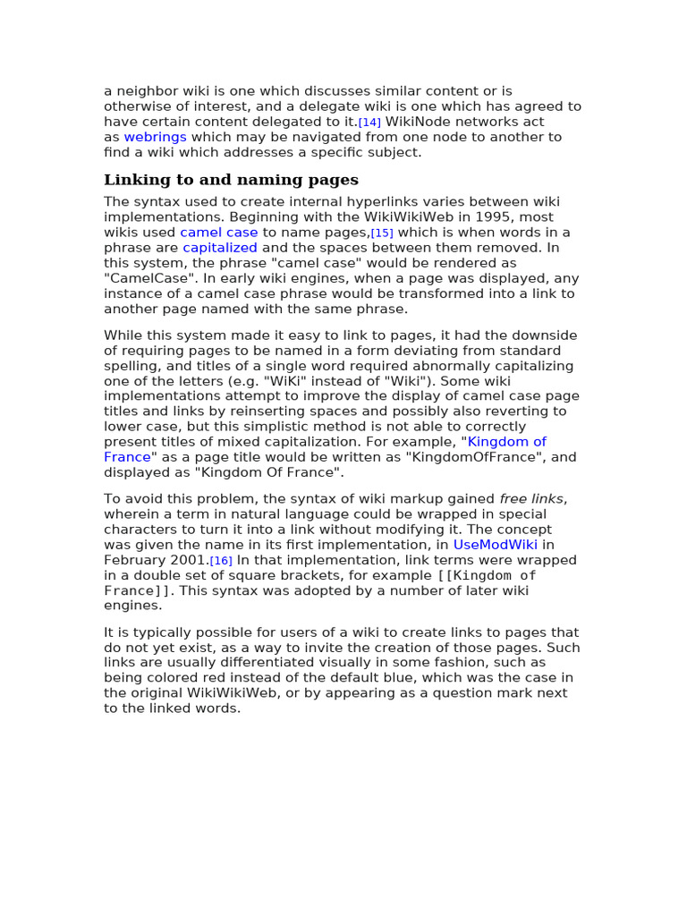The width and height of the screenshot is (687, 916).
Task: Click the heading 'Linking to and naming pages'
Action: point(231,180)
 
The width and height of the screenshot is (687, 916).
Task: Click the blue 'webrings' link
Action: point(155,137)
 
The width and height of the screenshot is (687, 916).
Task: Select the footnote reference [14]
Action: point(369,123)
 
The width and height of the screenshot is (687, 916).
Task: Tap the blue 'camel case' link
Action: point(218,233)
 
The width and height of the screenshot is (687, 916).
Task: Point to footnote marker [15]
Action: point(382,233)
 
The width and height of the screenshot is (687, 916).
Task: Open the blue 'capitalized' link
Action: point(220,248)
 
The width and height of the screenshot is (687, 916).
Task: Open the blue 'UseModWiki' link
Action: point(495,545)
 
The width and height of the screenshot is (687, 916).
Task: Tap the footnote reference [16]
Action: point(221,561)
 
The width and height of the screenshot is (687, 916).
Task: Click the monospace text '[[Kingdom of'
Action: point(487,575)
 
